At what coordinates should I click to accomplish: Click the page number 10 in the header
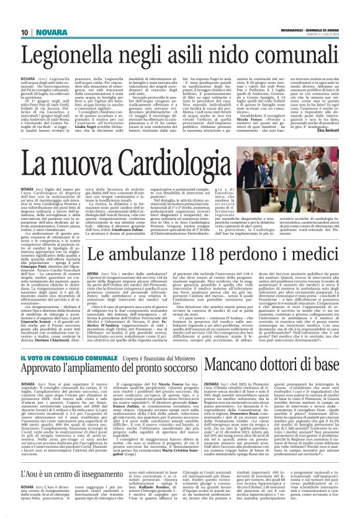click(25, 32)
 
